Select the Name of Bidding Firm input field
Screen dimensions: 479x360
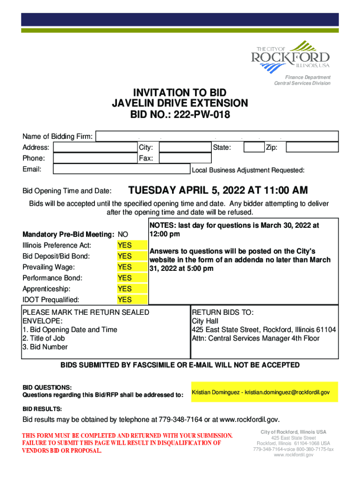pos(216,137)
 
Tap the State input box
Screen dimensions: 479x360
pos(254,148)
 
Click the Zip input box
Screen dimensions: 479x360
pos(312,148)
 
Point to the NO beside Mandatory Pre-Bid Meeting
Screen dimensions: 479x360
pos(123,234)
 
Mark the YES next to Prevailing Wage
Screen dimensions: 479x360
pos(125,267)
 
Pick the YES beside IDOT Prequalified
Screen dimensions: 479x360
pos(125,300)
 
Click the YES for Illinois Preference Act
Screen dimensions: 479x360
pos(125,246)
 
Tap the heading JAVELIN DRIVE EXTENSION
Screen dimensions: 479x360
pos(180,103)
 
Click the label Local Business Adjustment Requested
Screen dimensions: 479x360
pos(248,170)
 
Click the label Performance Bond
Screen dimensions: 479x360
pos(52,278)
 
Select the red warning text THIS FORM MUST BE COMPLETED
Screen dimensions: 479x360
pos(127,435)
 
